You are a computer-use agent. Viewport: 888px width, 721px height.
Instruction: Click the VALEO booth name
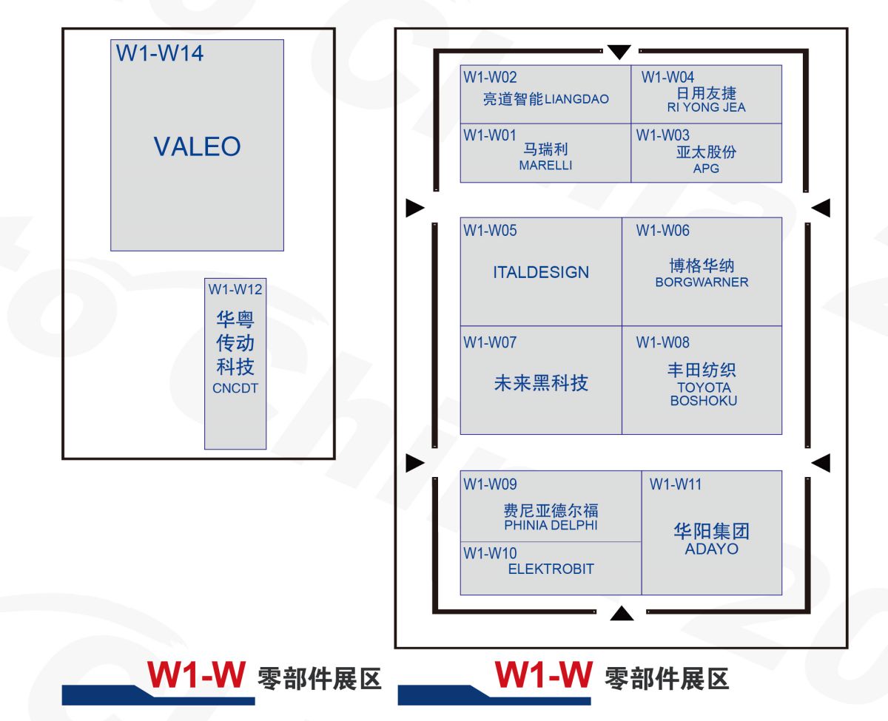point(197,146)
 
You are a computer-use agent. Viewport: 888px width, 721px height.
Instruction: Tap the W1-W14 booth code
point(160,54)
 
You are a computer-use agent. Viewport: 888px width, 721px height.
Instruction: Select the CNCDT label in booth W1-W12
point(235,388)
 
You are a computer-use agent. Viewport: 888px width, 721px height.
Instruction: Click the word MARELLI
point(545,166)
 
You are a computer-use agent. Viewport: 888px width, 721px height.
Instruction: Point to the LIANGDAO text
point(577,99)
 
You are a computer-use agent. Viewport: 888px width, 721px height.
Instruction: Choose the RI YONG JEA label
point(706,107)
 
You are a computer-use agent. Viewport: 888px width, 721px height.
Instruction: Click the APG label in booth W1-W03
point(706,169)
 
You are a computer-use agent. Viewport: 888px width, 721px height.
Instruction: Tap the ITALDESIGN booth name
point(541,272)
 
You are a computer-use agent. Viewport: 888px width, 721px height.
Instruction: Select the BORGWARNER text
point(702,282)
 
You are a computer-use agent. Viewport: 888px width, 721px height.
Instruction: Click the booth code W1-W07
point(490,342)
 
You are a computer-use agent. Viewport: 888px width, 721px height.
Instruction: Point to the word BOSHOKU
point(704,401)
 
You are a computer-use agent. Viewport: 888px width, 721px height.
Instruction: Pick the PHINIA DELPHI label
point(551,526)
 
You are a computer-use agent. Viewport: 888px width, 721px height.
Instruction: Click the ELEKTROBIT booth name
point(551,569)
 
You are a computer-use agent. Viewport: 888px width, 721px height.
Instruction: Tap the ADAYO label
point(711,549)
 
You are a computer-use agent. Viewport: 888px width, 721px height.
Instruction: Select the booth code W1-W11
point(676,484)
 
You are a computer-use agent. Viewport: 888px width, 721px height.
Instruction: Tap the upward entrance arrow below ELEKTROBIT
point(622,612)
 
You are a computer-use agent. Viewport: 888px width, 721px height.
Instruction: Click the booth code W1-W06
point(662,231)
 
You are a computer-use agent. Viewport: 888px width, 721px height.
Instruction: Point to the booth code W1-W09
point(490,484)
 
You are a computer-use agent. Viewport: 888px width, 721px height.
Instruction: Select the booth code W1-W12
point(235,288)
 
